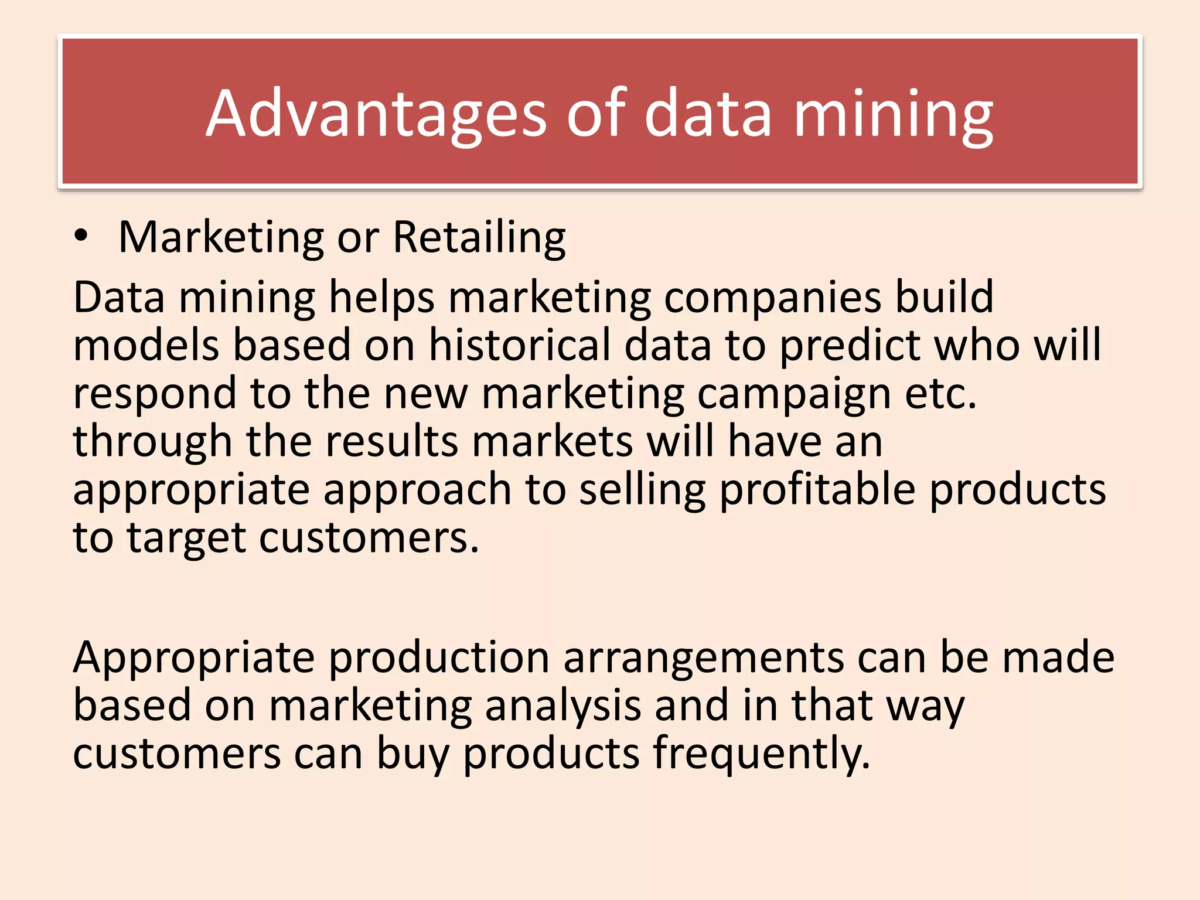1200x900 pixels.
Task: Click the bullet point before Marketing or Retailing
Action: click(x=81, y=236)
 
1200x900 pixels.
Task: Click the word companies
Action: click(x=773, y=297)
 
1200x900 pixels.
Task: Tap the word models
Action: click(x=146, y=345)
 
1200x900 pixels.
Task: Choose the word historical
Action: click(x=520, y=345)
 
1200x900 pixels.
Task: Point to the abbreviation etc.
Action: click(x=941, y=394)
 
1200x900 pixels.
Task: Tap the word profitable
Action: click(x=817, y=489)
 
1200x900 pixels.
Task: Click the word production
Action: click(x=438, y=657)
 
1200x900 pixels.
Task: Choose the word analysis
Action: click(x=563, y=705)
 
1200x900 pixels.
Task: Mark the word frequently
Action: click(x=761, y=754)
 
